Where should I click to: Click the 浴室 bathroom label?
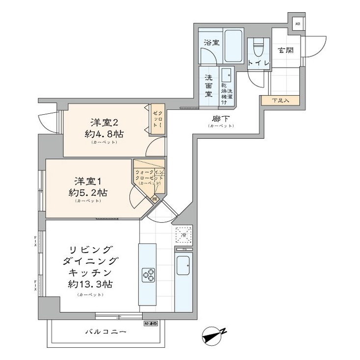[x=212, y=42]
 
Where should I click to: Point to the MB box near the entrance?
[x=298, y=24]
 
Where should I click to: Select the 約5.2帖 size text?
[x=88, y=192]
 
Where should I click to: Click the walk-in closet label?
[x=149, y=175]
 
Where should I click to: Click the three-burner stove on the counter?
[x=149, y=275]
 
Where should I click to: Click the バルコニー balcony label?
[x=105, y=332]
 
